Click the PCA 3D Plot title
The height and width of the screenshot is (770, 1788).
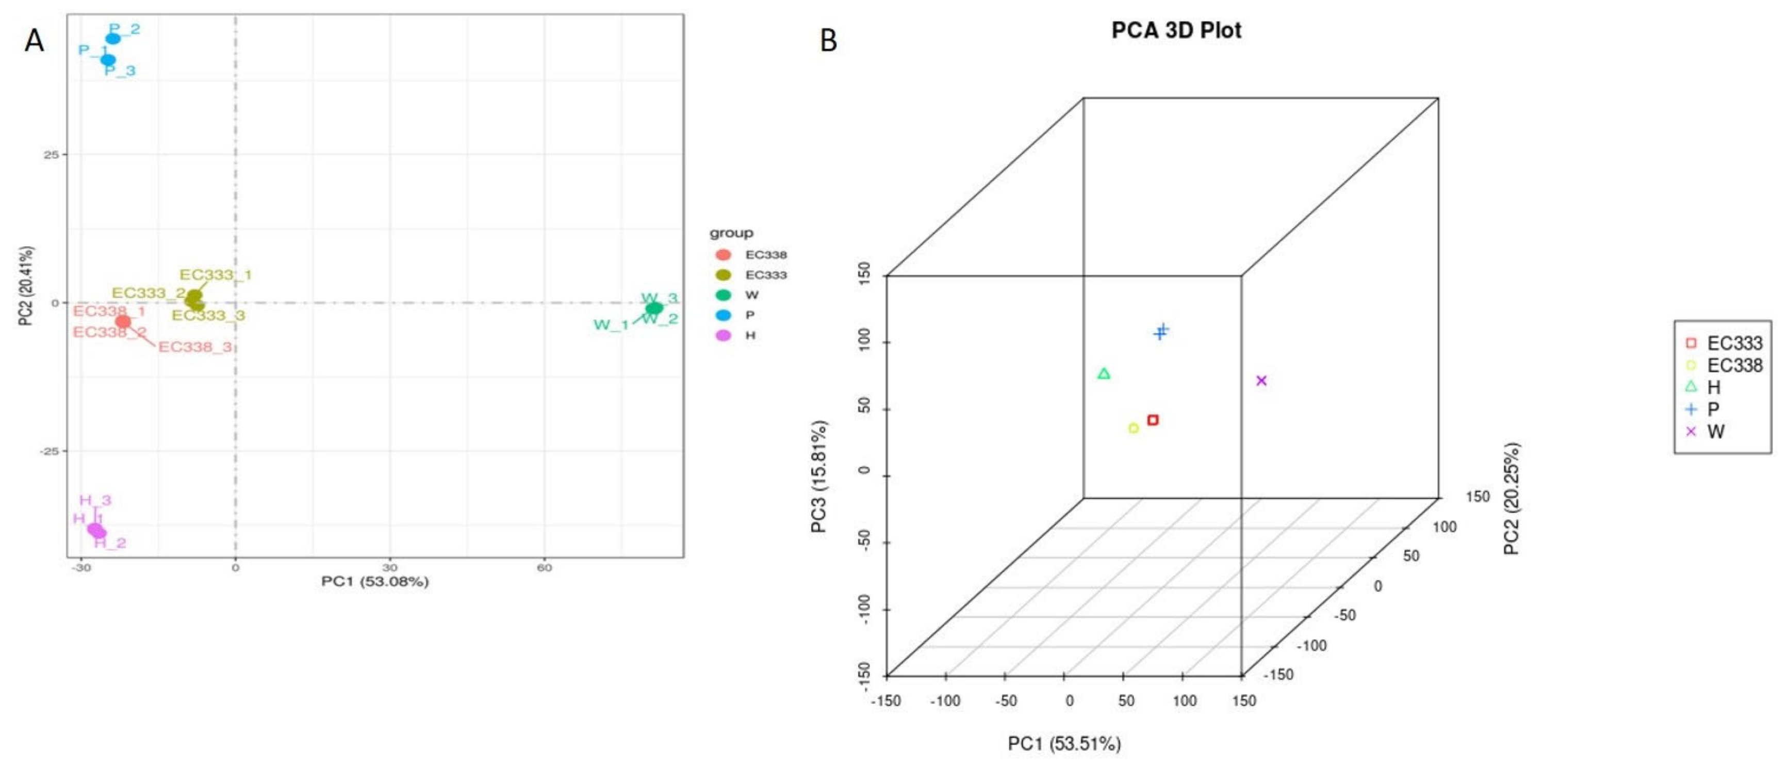coord(1176,30)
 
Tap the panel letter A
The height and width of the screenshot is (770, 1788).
coord(34,41)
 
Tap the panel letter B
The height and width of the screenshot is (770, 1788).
coord(828,40)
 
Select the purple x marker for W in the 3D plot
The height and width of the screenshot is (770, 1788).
coord(1261,381)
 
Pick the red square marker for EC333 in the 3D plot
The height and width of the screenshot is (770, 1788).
coord(1153,420)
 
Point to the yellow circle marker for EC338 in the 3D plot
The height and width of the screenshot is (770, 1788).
coord(1134,429)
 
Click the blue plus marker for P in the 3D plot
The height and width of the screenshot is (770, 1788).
coord(1160,332)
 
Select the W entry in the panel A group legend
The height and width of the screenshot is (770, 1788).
coord(751,295)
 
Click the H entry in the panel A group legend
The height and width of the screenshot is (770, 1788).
coord(750,335)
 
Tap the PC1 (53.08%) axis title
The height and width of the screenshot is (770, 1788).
coord(375,581)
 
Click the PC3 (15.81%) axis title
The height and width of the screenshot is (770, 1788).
coord(819,477)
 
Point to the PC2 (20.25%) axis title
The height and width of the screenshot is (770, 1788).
coord(1512,499)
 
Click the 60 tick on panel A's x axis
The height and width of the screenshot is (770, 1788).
coord(544,568)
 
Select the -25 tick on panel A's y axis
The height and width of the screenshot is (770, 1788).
coord(51,451)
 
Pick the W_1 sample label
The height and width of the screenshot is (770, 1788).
coord(611,325)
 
